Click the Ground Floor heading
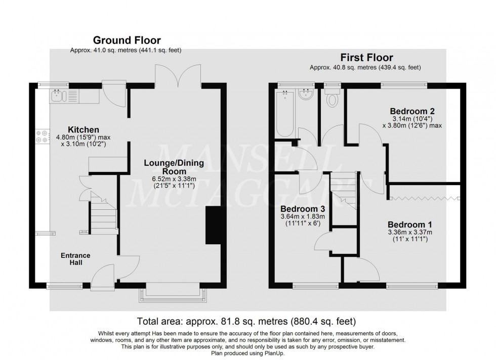pyautogui.click(x=126, y=40)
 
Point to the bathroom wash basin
pyautogui.click(x=306, y=95)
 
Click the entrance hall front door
pyautogui.click(x=105, y=277)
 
